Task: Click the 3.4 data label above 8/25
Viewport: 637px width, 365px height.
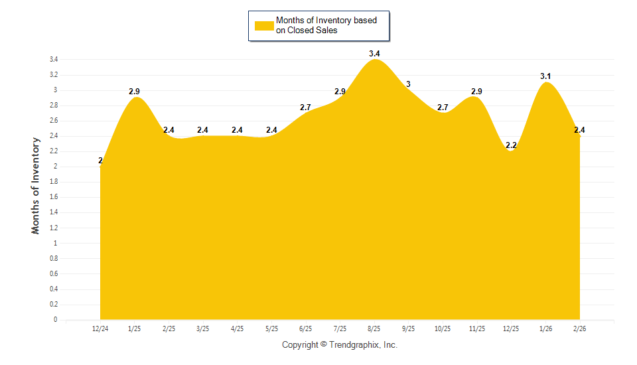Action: coord(374,53)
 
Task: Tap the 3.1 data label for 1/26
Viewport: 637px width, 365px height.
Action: coord(545,76)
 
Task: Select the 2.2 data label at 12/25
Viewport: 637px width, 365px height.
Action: coord(511,145)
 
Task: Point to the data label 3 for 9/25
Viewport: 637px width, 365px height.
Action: coord(408,84)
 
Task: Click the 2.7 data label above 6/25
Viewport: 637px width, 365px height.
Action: coord(306,107)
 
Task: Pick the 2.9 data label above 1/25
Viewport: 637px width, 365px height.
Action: coord(135,92)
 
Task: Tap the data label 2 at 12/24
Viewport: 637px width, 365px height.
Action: coord(100,161)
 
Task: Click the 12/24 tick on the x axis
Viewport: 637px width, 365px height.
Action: coord(100,328)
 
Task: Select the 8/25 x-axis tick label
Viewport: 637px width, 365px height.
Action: coord(374,328)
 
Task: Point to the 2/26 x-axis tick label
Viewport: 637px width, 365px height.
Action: coord(579,328)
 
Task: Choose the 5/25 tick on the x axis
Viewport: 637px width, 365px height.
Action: coord(271,328)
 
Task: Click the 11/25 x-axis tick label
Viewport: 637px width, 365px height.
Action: coord(476,328)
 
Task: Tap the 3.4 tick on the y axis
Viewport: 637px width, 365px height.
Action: coord(54,60)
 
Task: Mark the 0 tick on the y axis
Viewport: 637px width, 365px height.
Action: coord(56,320)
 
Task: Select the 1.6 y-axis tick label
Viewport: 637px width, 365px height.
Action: coord(54,197)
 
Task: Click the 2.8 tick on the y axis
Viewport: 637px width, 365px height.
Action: coord(54,106)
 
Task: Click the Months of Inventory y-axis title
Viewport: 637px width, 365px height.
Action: coord(36,185)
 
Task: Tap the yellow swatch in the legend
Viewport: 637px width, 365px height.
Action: coord(264,25)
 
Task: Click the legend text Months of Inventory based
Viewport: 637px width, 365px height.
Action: coord(326,21)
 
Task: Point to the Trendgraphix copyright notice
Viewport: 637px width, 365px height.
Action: coord(340,345)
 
